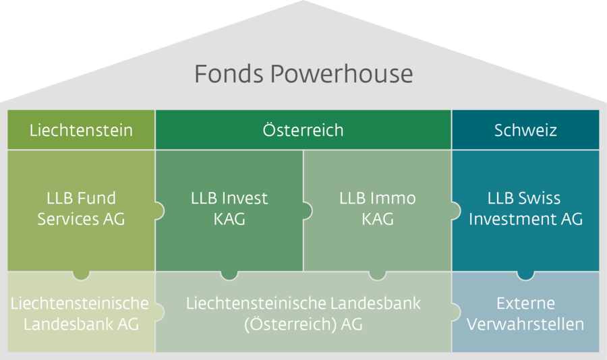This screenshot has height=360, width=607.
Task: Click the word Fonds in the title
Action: tap(229, 73)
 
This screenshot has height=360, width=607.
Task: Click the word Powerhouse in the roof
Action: tap(342, 73)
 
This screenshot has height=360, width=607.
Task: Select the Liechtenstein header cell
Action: tap(82, 129)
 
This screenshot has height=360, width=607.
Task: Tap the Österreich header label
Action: tap(303, 129)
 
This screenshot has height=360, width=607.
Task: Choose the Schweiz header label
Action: tap(525, 130)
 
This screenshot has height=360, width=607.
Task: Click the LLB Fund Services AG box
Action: tap(82, 210)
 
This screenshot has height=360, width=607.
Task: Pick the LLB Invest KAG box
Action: tap(229, 210)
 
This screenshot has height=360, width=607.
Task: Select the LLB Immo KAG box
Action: tap(378, 210)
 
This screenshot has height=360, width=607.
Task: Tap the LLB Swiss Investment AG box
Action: tap(525, 210)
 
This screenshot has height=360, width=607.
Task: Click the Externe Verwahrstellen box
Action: tap(525, 312)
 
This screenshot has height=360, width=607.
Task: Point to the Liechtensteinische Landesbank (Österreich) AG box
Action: tap(303, 312)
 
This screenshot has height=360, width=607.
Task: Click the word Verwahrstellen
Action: tap(525, 324)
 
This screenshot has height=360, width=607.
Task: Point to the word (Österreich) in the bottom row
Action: tap(290, 324)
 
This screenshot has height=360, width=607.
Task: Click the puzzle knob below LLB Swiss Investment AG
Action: tap(525, 275)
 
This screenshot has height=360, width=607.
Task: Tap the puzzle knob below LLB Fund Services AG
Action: tap(81, 275)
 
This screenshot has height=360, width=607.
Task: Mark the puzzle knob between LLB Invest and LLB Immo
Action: tap(308, 211)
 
